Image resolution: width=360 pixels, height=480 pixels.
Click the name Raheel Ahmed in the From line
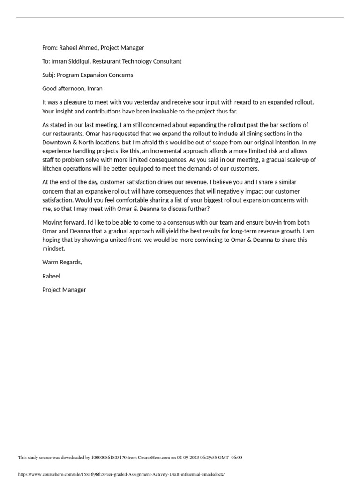[78, 48]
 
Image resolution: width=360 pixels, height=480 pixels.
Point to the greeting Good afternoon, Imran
[72, 89]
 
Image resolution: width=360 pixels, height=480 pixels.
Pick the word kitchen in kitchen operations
[51, 169]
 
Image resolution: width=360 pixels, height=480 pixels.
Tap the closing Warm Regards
[62, 262]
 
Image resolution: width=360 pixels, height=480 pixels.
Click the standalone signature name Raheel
[51, 276]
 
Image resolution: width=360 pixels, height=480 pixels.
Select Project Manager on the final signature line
[64, 290]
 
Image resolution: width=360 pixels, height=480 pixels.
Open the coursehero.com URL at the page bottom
[121, 474]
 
